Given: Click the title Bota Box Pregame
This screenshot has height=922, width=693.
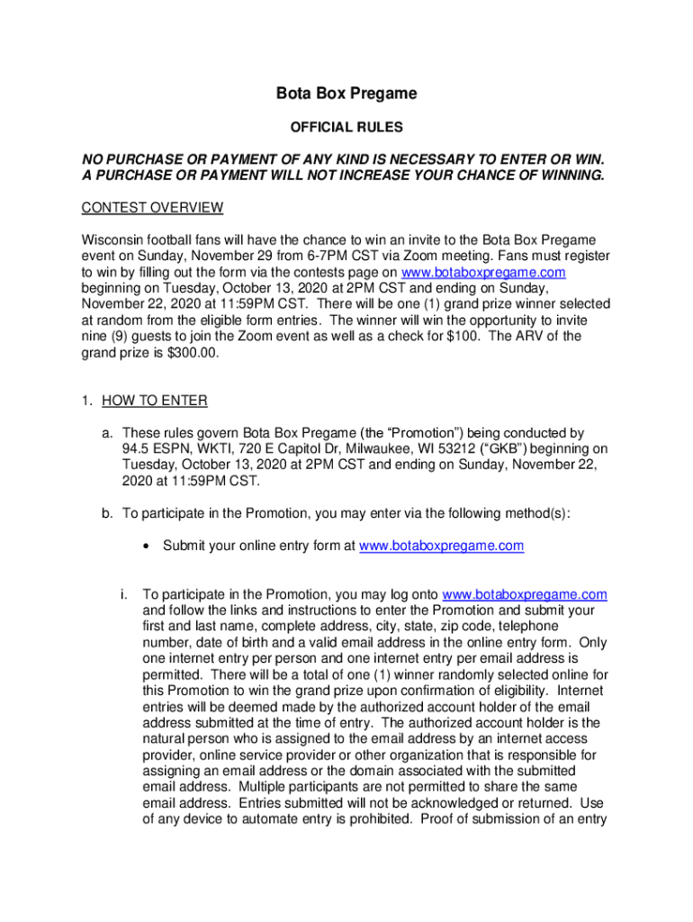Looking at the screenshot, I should [346, 94].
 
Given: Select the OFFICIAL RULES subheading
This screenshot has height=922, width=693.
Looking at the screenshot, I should [346, 127].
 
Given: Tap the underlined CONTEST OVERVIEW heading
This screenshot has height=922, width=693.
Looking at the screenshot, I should [152, 208].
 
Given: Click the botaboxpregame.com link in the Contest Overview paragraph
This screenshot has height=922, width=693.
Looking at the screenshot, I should [483, 273].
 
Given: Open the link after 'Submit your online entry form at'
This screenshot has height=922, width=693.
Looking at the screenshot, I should [441, 546].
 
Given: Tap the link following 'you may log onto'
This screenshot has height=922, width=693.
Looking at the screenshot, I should [526, 595].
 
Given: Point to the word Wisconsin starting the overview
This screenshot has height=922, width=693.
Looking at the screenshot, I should [113, 240].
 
